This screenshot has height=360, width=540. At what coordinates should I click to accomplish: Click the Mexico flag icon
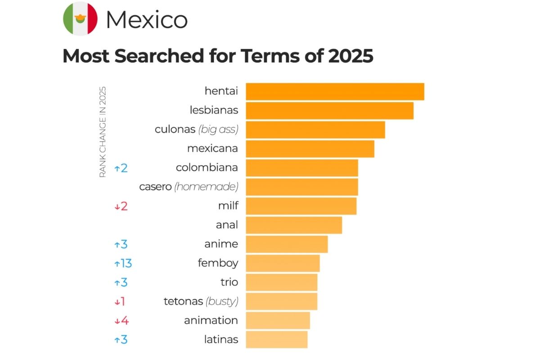[80, 18]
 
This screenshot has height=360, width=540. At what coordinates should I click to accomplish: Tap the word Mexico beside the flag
[146, 20]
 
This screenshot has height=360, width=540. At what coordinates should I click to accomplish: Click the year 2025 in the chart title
[350, 56]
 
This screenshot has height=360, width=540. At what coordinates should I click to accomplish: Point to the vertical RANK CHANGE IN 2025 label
[103, 131]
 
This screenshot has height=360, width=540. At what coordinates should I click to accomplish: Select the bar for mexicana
[310, 148]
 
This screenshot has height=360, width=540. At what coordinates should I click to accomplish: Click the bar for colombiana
[301, 168]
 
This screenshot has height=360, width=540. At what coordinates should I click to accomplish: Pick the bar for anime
[287, 244]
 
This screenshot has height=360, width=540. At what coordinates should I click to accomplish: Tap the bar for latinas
[276, 339]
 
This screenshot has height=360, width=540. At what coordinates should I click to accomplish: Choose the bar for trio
[281, 282]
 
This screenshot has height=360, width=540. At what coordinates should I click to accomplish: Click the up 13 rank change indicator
[123, 263]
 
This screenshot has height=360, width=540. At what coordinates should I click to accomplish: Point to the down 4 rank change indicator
[121, 320]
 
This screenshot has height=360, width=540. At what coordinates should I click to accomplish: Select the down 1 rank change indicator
[120, 301]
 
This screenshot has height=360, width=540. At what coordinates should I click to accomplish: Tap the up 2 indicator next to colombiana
[121, 168]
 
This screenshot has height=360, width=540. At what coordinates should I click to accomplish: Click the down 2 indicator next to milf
[121, 206]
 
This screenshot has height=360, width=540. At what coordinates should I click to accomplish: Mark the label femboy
[218, 263]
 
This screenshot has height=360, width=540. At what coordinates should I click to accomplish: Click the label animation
[211, 320]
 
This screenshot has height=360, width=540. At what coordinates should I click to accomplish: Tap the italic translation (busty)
[222, 301]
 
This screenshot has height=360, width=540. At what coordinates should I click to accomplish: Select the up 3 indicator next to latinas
[121, 339]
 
